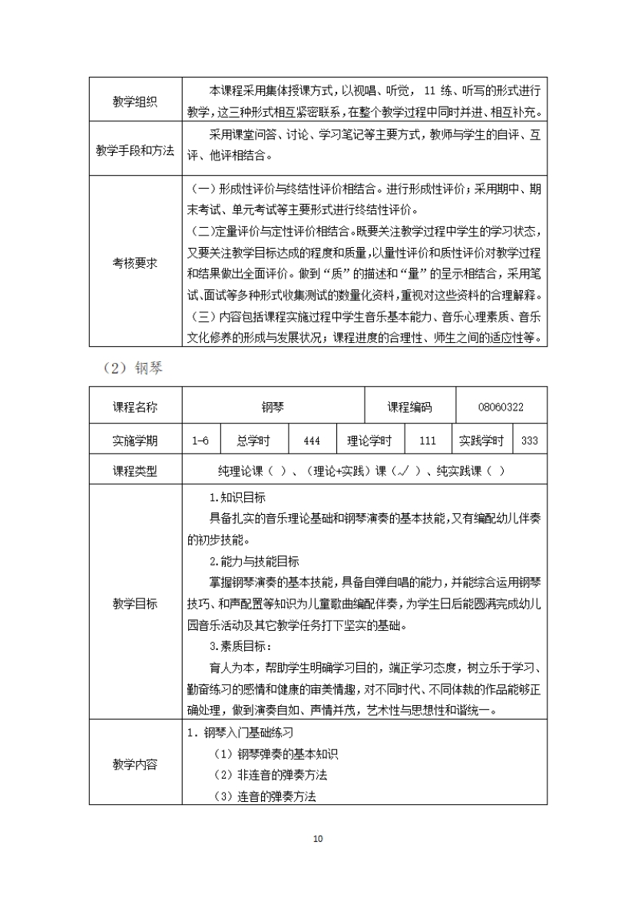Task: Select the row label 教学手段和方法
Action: click(134, 148)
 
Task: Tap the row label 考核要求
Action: click(134, 262)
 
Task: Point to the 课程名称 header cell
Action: click(134, 408)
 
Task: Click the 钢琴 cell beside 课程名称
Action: click(272, 408)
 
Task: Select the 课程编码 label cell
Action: click(408, 408)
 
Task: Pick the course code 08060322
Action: click(501, 408)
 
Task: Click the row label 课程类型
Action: click(134, 471)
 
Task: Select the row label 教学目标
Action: click(134, 603)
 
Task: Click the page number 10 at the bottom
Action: click(318, 839)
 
